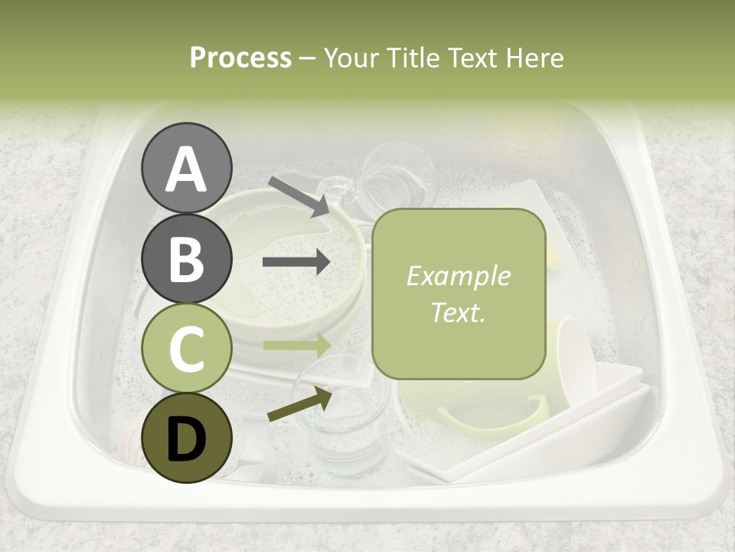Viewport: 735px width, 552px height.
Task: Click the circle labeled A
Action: pos(186,168)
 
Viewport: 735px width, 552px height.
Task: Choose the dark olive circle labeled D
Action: pos(186,438)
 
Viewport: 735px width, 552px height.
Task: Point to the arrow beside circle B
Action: pos(296,262)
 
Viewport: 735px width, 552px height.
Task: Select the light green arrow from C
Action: pos(296,345)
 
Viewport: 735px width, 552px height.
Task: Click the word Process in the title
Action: pos(240,58)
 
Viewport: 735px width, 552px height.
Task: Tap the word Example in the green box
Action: pos(458,276)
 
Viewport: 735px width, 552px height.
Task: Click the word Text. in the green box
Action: pos(458,312)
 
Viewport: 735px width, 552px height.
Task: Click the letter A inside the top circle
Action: pos(186,168)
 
